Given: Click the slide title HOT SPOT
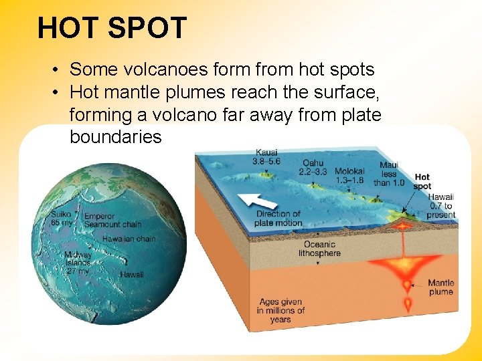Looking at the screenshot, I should (112, 29).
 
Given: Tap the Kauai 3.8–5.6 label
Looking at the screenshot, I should (266, 157).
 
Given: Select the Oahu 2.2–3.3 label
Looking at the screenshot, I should (313, 168).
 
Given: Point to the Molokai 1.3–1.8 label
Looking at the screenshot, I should (349, 175).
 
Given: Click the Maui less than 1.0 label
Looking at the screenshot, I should (388, 174).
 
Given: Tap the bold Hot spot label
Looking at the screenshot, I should (422, 181).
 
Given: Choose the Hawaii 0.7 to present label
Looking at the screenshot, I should (441, 206).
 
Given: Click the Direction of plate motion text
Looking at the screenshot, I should (278, 218).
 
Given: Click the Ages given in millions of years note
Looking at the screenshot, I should (280, 311).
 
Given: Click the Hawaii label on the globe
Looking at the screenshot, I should (131, 274).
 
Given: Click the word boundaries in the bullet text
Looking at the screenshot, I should (115, 137).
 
